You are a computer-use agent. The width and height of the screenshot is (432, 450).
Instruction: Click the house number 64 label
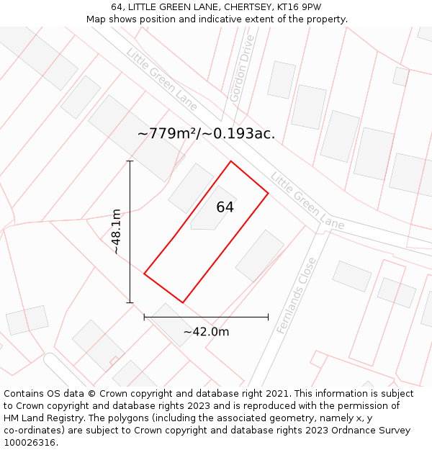[225, 207]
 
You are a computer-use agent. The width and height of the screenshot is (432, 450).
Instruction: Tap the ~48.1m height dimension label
[116, 232]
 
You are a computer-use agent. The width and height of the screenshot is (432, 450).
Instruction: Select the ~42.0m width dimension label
[206, 332]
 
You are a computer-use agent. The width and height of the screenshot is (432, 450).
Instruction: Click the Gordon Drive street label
[240, 68]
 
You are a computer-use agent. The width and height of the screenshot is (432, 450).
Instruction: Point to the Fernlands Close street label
[296, 295]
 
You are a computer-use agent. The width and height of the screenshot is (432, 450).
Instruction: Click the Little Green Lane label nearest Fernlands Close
[307, 201]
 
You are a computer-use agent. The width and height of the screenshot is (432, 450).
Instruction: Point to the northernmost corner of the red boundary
[230, 161]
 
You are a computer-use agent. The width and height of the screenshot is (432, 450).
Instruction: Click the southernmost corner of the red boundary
[183, 302]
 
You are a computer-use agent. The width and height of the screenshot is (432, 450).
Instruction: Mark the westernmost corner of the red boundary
[145, 274]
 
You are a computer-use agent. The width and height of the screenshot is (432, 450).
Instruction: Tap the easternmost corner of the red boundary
[268, 193]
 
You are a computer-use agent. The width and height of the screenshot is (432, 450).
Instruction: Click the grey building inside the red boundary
[212, 210]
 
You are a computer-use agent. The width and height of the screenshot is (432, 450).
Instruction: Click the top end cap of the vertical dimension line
[130, 161]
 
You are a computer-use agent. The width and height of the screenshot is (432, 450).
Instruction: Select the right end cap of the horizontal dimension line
[268, 317]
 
